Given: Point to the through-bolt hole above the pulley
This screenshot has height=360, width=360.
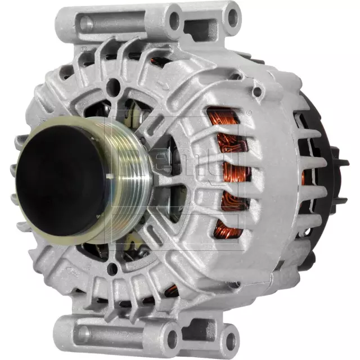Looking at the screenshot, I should pos(115,86).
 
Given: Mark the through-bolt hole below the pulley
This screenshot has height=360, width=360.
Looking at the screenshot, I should pos(112,269).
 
